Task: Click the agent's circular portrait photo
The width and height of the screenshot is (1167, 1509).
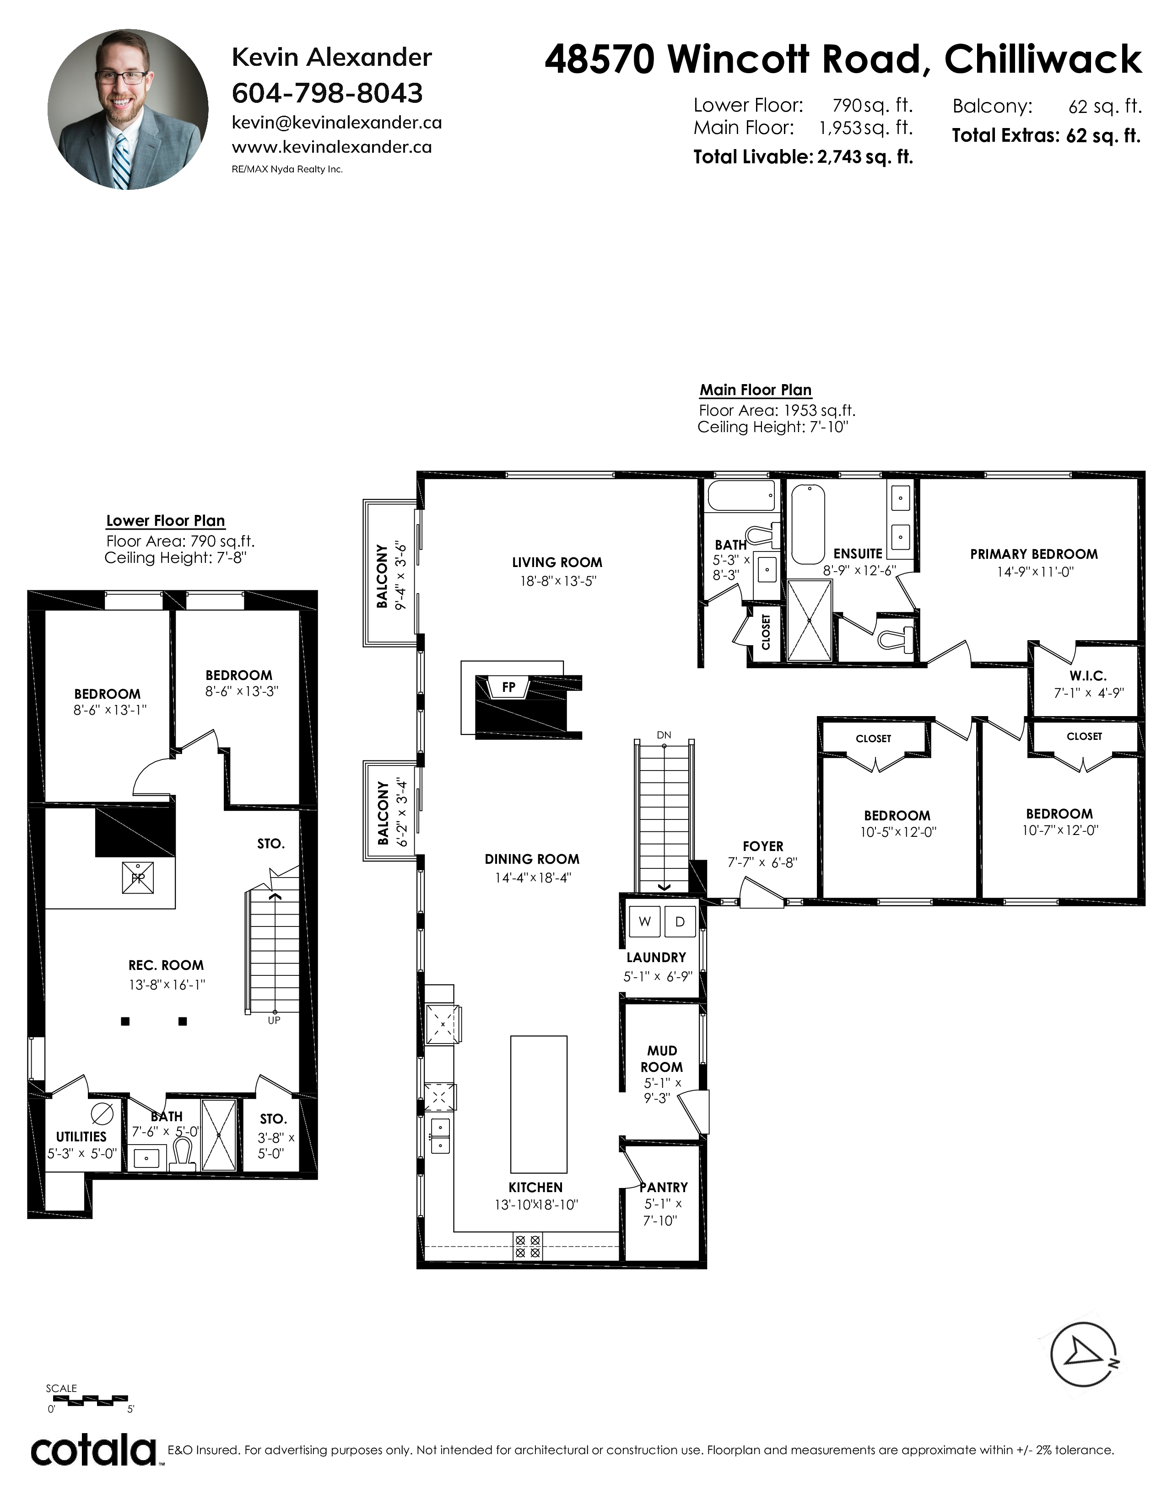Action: (127, 109)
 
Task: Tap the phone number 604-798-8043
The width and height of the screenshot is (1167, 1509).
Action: (327, 92)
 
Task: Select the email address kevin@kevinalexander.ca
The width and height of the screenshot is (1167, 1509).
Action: (337, 123)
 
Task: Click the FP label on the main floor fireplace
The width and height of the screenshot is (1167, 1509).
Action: (509, 687)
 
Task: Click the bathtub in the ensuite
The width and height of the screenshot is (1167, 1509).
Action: (807, 524)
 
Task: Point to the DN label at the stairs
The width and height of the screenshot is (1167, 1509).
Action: (664, 735)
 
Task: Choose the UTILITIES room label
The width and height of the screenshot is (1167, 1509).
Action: (81, 1137)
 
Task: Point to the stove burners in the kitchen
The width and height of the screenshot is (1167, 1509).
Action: (528, 1247)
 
